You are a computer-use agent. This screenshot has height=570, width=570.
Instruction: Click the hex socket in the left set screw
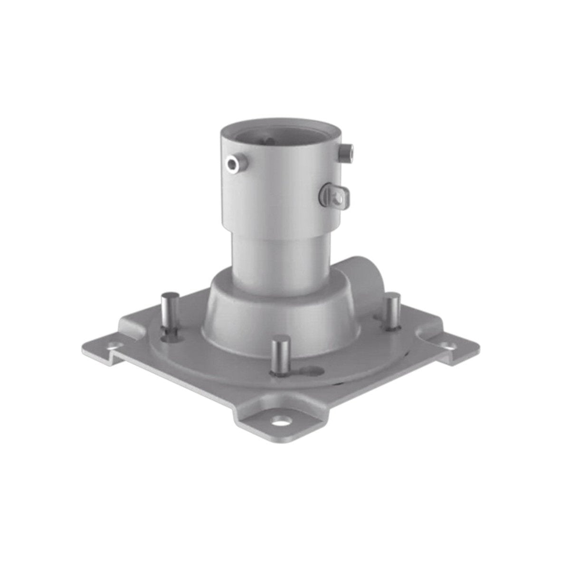(x=232, y=164)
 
